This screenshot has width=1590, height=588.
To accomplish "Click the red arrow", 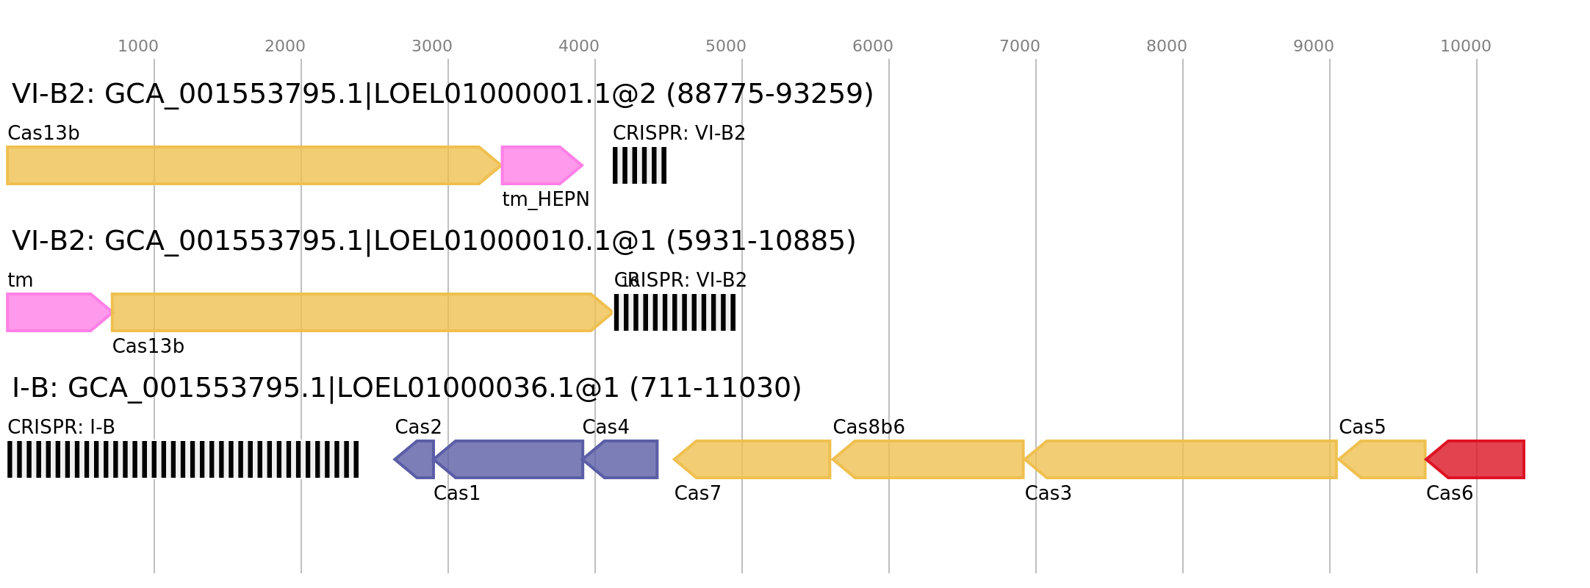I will [1475, 459].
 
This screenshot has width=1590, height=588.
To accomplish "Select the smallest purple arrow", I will [415, 459].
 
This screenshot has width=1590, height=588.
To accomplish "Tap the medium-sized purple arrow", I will [623, 459].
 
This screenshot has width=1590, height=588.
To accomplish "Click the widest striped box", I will [183, 459].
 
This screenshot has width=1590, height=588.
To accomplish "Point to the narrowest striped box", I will [639, 165].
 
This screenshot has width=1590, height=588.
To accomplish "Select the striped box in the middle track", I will [675, 312].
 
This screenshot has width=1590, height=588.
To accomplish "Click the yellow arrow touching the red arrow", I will [1383, 459].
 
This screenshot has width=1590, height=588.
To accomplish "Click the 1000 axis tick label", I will [138, 46].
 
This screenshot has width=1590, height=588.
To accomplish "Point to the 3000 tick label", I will [432, 46].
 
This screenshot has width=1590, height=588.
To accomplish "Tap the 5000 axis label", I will [726, 46].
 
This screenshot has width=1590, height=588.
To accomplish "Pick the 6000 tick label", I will [873, 46].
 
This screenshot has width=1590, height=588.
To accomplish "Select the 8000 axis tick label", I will [1167, 46].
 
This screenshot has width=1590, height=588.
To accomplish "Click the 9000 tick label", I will [1314, 46].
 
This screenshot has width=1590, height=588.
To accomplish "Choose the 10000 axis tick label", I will [1465, 46].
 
